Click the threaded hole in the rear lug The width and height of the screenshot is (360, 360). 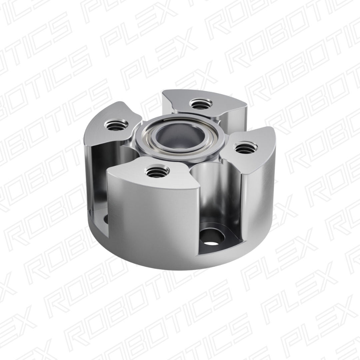tap(200, 103)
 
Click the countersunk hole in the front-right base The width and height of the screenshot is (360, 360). tap(211, 238)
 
